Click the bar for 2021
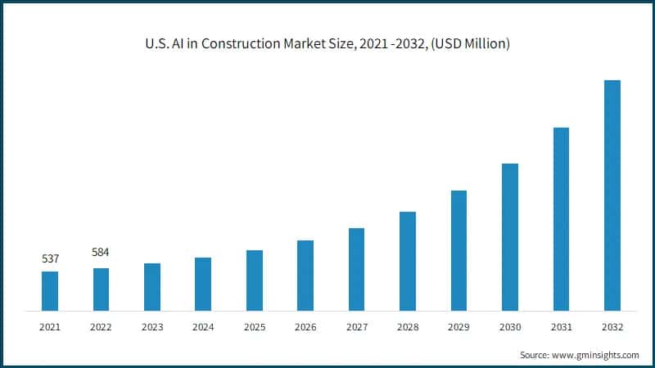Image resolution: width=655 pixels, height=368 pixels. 50,291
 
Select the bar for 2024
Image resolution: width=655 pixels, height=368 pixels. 203,284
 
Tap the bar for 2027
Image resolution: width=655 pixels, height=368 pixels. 356,269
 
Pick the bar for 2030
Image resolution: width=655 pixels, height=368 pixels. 509,237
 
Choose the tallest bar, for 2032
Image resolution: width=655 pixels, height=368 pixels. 612,195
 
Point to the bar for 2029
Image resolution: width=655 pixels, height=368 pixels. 458,250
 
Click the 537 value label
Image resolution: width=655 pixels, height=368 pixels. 50,259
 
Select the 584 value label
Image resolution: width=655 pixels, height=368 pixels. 101,252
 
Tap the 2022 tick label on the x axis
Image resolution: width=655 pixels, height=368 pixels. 101,327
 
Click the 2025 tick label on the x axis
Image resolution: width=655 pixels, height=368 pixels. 254,327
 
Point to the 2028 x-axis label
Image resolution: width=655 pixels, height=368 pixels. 407,327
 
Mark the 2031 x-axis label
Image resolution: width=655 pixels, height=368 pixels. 561,327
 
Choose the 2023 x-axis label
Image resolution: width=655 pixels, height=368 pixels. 152,327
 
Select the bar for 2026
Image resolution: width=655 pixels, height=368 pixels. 305,276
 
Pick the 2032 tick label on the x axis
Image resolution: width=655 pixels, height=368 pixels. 612,327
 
